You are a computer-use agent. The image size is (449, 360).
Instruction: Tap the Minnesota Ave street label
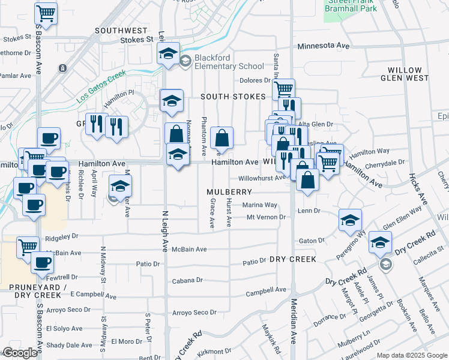[323, 46]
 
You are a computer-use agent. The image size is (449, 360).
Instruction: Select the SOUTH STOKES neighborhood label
[233, 97]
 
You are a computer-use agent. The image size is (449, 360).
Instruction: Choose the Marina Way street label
[260, 205]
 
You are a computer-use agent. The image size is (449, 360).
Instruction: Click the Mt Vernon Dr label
[266, 217]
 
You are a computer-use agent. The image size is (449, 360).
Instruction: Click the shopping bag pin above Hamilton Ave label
[221, 139]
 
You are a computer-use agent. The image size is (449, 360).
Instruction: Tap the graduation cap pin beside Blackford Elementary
[169, 53]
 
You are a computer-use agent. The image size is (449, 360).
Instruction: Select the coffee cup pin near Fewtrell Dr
[42, 262]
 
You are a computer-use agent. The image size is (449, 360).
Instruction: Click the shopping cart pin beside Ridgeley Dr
[28, 246]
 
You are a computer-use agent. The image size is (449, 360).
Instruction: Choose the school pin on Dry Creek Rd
[379, 242]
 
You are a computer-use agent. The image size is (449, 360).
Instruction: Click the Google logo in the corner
[20, 353]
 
